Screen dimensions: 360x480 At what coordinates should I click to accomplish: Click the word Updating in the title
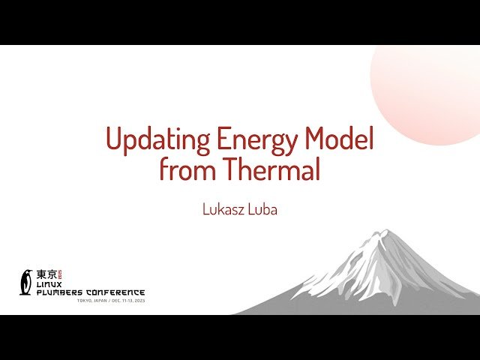pyautogui.click(x=157, y=140)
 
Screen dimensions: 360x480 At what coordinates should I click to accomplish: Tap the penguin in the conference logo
pyautogui.click(x=26, y=282)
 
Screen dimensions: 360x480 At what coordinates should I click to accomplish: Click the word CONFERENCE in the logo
pyautogui.click(x=114, y=292)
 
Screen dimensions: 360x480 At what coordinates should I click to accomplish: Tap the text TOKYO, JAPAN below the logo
pyautogui.click(x=92, y=300)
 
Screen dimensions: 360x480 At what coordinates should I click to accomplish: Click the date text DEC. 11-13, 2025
pyautogui.click(x=127, y=300)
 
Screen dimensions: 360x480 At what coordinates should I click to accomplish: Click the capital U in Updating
pyautogui.click(x=113, y=140)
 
